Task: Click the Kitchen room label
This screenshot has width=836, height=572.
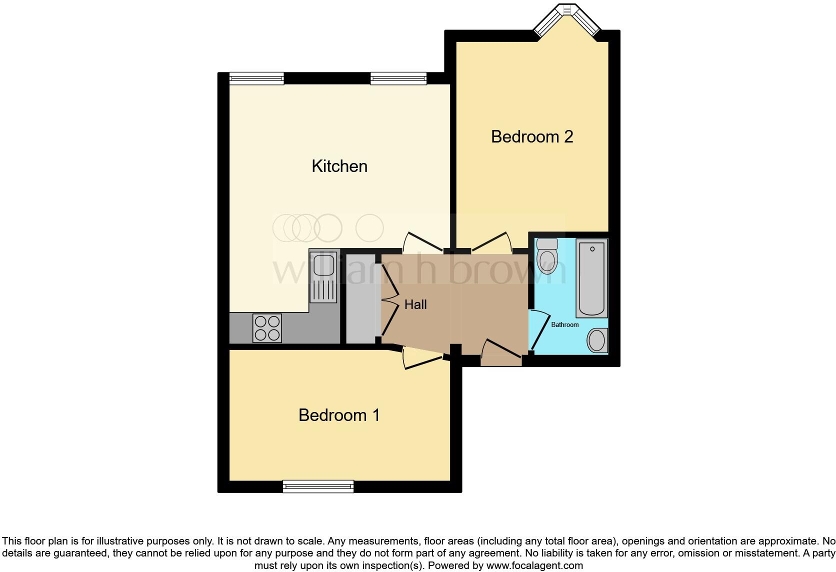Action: pos(339,166)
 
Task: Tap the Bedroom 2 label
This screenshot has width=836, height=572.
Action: pos(531,136)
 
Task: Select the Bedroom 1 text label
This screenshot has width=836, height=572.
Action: pos(339,415)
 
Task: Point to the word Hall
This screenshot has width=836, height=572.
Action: pos(415,304)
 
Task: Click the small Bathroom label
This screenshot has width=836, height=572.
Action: pos(564,324)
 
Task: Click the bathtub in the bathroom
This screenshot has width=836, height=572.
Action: pos(591,278)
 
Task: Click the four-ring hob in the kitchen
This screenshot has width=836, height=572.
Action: pos(267,328)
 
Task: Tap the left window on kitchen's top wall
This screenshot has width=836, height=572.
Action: pos(256,78)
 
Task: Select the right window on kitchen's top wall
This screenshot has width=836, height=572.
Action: pos(398,78)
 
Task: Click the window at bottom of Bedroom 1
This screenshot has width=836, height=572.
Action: pos(318,486)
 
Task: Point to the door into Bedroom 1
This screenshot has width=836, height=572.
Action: pos(422,360)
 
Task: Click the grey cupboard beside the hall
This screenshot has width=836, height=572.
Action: pos(360,299)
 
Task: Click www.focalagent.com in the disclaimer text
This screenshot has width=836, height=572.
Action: pos(534,565)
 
